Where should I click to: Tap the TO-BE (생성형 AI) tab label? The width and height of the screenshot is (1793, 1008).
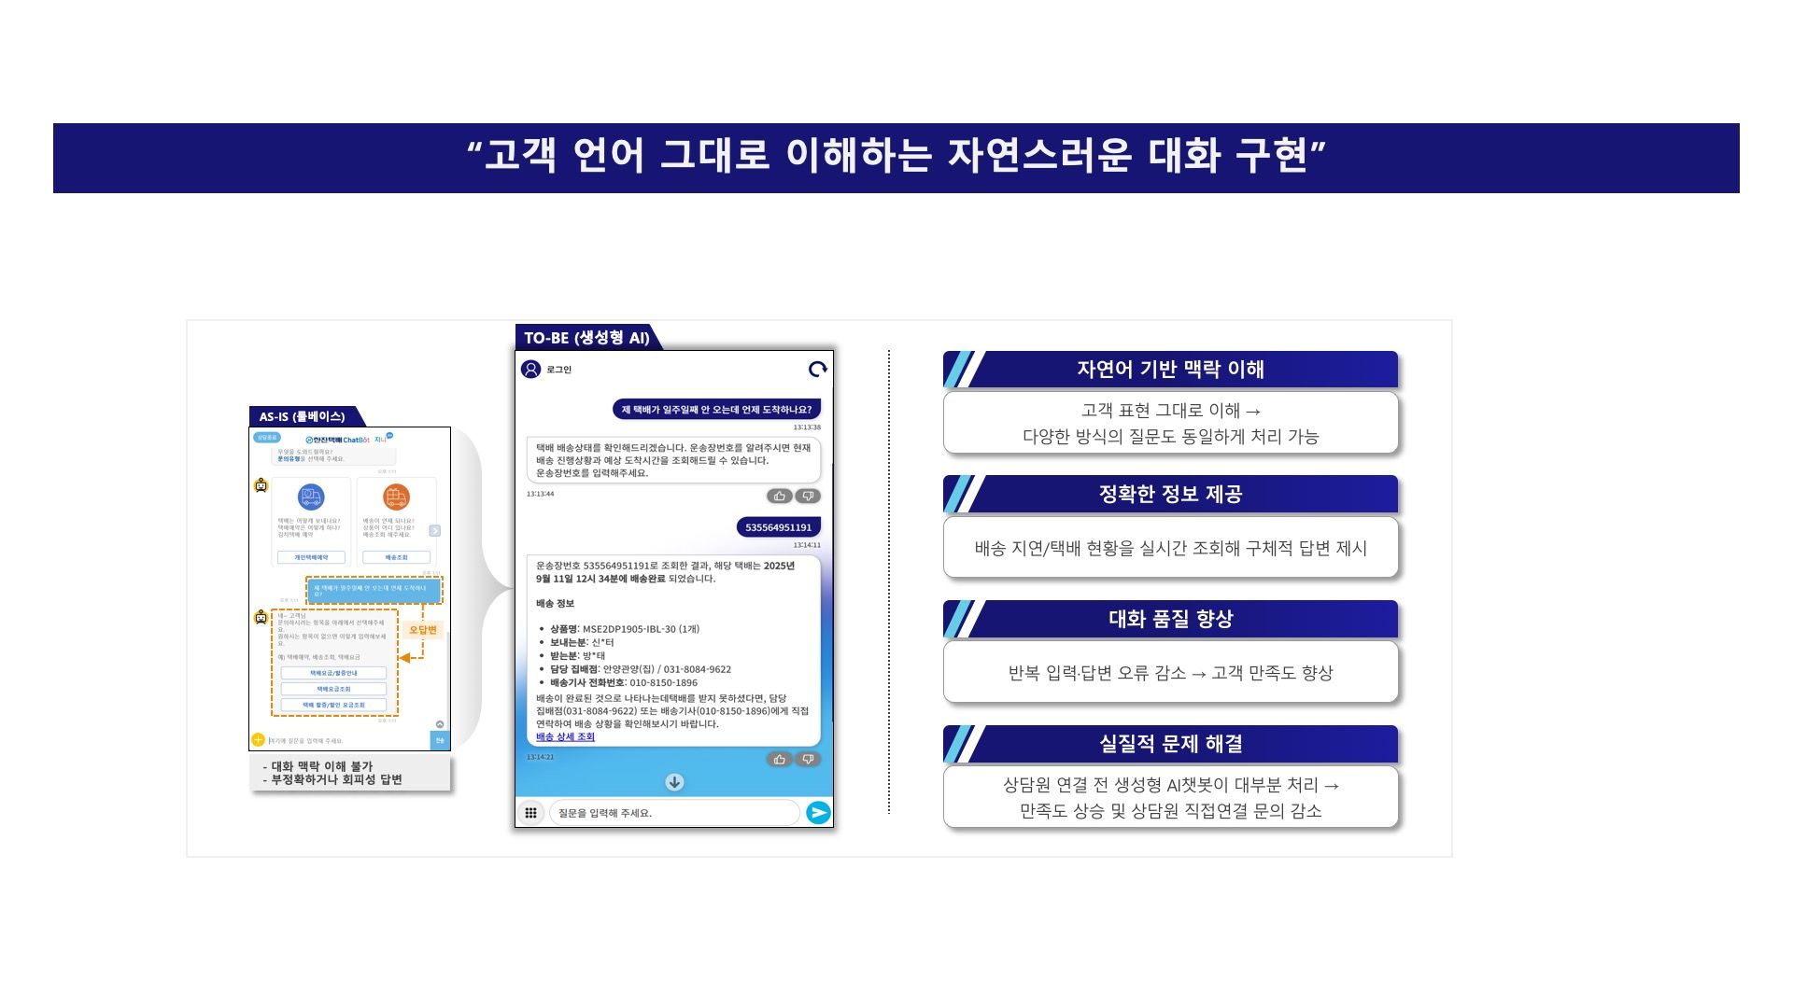coord(586,338)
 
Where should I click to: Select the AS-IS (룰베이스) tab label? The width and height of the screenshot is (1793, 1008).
coord(302,416)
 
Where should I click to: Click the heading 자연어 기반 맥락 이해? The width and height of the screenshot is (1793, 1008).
coord(1170,370)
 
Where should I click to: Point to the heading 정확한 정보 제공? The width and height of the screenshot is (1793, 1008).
coord(1170,495)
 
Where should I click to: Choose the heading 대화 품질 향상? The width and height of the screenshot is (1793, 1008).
coord(1170,619)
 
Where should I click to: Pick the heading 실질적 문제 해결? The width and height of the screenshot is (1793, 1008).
coord(1170,744)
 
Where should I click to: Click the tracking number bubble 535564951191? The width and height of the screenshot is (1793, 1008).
coord(778,527)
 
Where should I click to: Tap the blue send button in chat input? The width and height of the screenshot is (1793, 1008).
coord(818,813)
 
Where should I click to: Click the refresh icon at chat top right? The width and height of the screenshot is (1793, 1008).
coord(818,370)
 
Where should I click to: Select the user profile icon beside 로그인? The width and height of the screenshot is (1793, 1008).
coord(531,370)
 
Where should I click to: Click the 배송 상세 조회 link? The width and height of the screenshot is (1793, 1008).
coord(565,736)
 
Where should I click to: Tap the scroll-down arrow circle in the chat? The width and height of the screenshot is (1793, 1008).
coord(674,782)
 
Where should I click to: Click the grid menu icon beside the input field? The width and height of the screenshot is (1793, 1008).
coord(530,813)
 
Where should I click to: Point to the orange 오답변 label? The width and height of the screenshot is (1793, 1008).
coord(423,630)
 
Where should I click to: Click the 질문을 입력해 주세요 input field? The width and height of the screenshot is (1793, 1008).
coord(672,813)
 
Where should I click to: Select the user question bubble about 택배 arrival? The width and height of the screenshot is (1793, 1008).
coord(716,410)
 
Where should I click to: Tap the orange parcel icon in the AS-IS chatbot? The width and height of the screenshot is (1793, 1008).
coord(396,497)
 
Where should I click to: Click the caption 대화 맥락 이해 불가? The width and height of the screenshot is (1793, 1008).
coord(321,766)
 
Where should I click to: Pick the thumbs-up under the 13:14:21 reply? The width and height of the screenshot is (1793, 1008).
coord(779,760)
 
